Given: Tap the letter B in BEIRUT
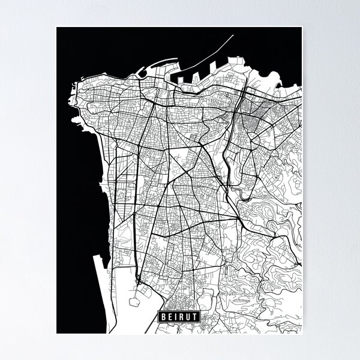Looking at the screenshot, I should click(163, 316).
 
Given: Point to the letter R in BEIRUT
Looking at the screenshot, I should click(181, 316).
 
